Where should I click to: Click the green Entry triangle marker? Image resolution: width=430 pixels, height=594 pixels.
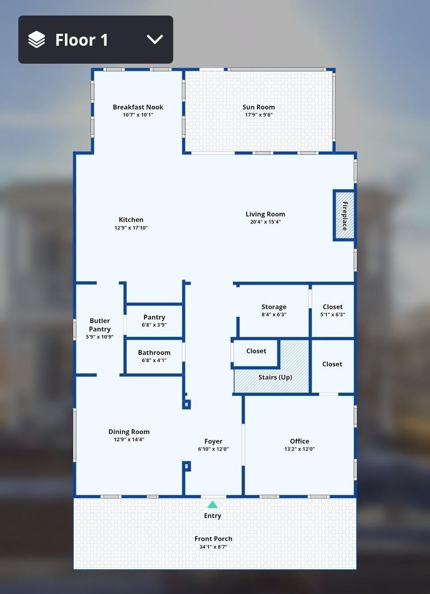(x=212, y=505)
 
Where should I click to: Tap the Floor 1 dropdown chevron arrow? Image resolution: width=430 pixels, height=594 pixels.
(x=155, y=39)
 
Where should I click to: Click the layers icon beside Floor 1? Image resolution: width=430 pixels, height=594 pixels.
(x=37, y=39)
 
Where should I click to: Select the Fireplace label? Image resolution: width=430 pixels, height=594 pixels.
(x=345, y=216)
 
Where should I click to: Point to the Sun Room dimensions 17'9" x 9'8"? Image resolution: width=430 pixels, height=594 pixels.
(x=259, y=115)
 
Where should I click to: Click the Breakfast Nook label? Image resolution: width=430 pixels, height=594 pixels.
(x=138, y=107)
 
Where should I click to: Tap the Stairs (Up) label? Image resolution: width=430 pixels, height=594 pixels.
(x=275, y=378)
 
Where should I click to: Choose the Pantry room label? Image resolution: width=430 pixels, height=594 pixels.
(x=154, y=317)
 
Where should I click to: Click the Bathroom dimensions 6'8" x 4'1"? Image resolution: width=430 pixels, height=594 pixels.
(x=154, y=360)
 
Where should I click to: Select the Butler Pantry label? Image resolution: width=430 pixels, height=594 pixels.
(x=100, y=325)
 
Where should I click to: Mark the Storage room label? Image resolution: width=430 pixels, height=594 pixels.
(x=274, y=307)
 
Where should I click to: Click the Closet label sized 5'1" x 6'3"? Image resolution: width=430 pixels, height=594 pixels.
(x=333, y=307)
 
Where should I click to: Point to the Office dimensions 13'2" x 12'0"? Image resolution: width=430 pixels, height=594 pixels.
(x=299, y=449)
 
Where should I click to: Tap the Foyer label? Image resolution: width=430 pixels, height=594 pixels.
(x=213, y=441)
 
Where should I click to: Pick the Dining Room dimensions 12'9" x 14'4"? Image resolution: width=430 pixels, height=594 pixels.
(x=129, y=439)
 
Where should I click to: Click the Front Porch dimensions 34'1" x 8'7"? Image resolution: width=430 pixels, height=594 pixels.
(x=213, y=547)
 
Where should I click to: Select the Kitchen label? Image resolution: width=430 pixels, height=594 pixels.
(x=131, y=220)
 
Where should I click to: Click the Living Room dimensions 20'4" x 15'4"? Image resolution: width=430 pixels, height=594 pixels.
(x=266, y=222)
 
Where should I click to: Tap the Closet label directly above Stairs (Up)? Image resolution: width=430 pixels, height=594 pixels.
(x=256, y=351)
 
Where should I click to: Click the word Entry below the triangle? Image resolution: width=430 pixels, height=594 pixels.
(x=212, y=516)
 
